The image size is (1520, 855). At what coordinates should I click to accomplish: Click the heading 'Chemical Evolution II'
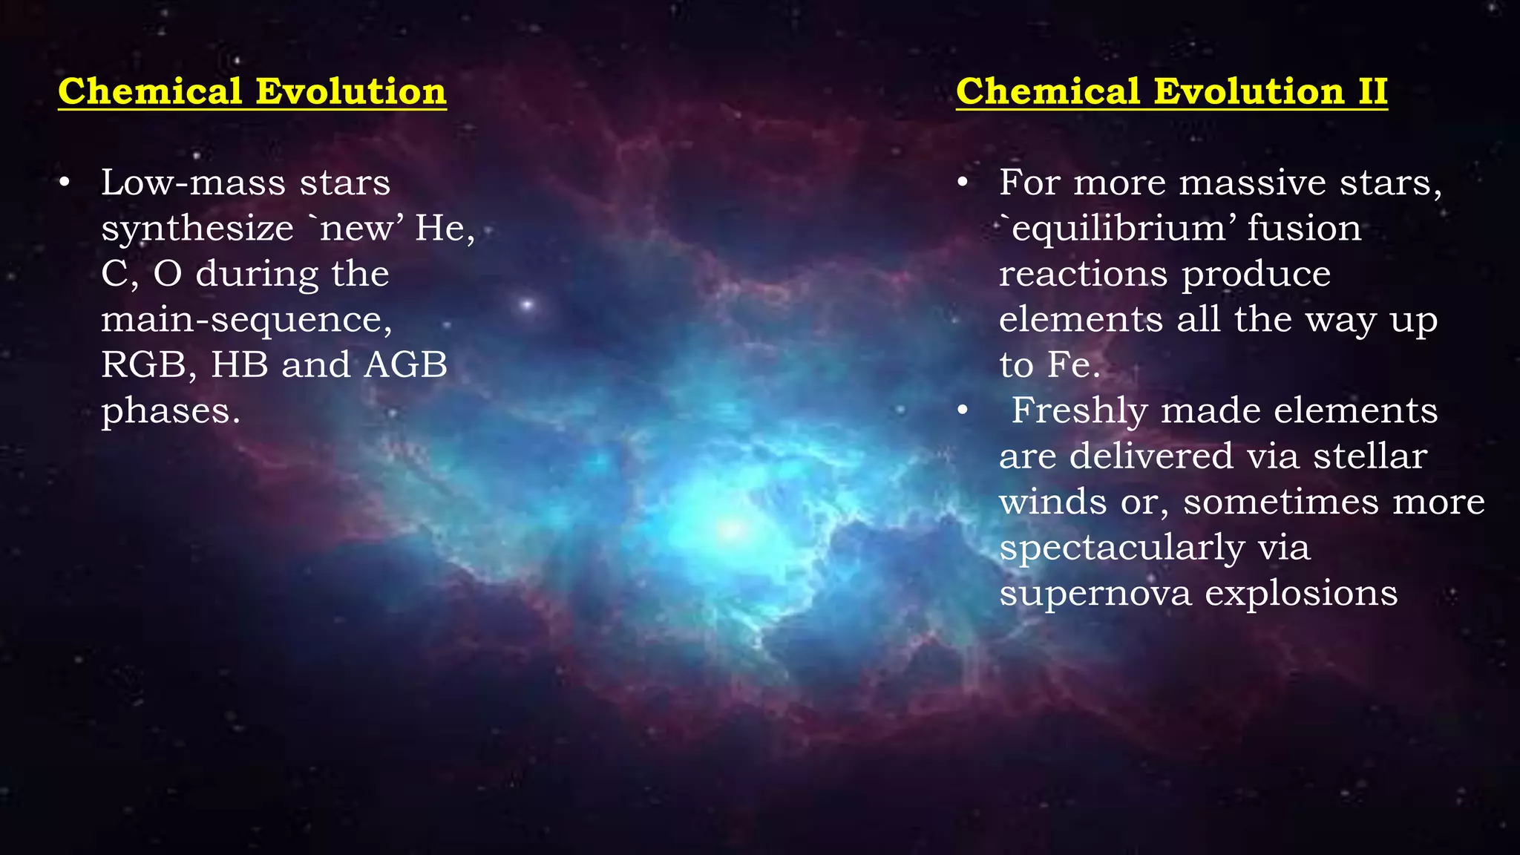(1171, 92)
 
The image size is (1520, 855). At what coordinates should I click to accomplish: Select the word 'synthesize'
(197, 229)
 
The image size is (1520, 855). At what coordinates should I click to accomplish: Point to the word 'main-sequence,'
(246, 320)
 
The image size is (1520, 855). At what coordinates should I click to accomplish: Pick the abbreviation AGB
(406, 365)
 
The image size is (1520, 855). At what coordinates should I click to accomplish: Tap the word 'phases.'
(171, 411)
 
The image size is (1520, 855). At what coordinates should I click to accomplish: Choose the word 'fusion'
(1304, 229)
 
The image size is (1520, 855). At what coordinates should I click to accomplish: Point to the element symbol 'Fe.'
(1073, 365)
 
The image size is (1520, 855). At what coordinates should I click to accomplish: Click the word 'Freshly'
(1079, 411)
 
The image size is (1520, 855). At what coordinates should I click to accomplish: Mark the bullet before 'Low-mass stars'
(65, 183)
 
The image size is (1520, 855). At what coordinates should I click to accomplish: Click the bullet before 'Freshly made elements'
(963, 410)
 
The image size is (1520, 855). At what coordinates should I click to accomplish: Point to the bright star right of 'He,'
(528, 304)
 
